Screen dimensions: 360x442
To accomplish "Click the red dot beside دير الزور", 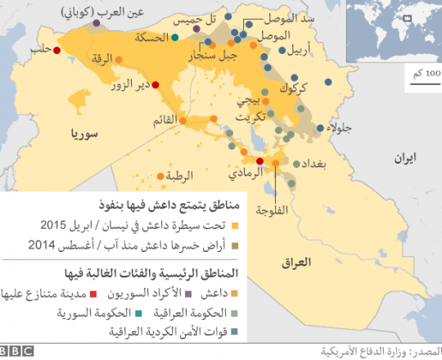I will point(156,84).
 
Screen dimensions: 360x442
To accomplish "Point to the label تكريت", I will point(245,117).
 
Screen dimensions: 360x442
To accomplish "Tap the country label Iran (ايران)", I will point(403,155).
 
